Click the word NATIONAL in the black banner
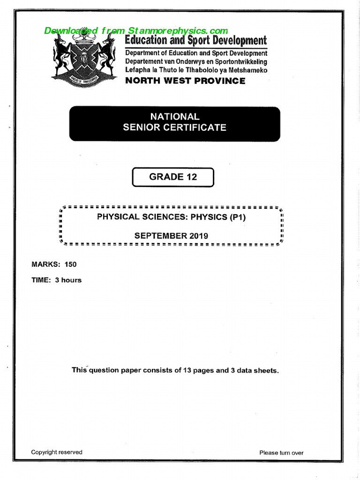(x=174, y=117)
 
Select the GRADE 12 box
(x=173, y=177)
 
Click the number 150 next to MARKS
(x=70, y=264)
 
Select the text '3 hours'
(x=68, y=280)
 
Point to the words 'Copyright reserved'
(x=57, y=452)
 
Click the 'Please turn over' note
(x=281, y=453)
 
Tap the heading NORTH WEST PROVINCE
(x=185, y=81)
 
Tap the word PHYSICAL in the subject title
(x=118, y=217)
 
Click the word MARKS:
(x=46, y=264)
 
